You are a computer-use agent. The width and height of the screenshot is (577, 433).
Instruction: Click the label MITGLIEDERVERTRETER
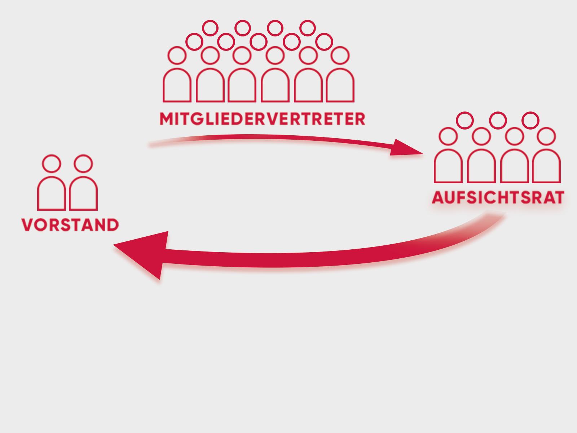coord(263,119)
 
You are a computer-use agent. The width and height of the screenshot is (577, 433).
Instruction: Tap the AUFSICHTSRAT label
coord(498,198)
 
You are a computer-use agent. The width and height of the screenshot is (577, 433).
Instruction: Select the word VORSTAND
coord(70,225)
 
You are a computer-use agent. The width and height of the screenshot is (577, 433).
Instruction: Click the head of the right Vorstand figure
coord(83,163)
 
